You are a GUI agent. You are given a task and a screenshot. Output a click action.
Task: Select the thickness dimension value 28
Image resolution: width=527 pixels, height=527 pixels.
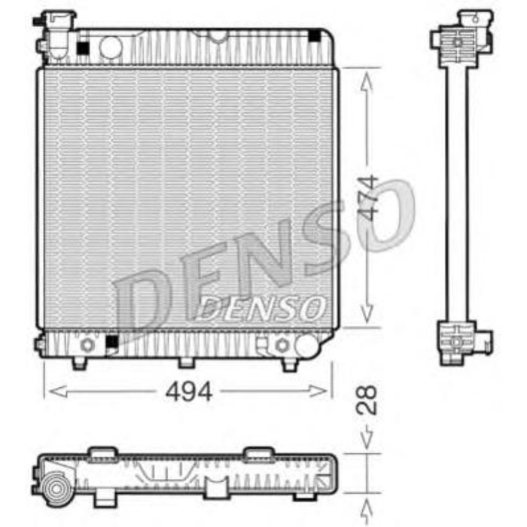[x=368, y=400]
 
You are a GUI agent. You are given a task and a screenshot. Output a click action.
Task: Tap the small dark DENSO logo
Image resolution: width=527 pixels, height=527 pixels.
[x=263, y=306]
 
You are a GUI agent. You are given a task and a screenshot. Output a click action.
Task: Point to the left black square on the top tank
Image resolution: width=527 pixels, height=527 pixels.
[x=82, y=48]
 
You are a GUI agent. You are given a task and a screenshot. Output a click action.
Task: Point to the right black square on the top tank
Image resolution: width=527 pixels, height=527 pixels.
[x=314, y=36]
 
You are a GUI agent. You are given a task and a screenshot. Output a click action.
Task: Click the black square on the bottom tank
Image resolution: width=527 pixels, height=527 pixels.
[x=111, y=343]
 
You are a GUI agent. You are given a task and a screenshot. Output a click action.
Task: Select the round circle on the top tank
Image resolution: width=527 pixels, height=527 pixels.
[x=111, y=47]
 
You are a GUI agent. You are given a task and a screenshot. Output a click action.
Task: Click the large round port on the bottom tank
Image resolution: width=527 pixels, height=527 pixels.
[x=306, y=345]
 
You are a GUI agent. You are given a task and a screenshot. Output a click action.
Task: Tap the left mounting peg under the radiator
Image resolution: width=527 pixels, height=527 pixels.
[x=79, y=364]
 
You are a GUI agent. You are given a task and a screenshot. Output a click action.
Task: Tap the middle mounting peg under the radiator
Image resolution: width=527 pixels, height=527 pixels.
[x=186, y=362]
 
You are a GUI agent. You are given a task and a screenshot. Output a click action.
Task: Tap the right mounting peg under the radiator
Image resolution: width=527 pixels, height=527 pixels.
[x=290, y=364]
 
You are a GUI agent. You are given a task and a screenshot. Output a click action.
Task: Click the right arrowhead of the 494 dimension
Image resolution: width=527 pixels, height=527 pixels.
[x=326, y=391]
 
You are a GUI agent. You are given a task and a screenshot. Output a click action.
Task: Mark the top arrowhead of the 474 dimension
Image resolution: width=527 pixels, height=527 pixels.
[x=367, y=76]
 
